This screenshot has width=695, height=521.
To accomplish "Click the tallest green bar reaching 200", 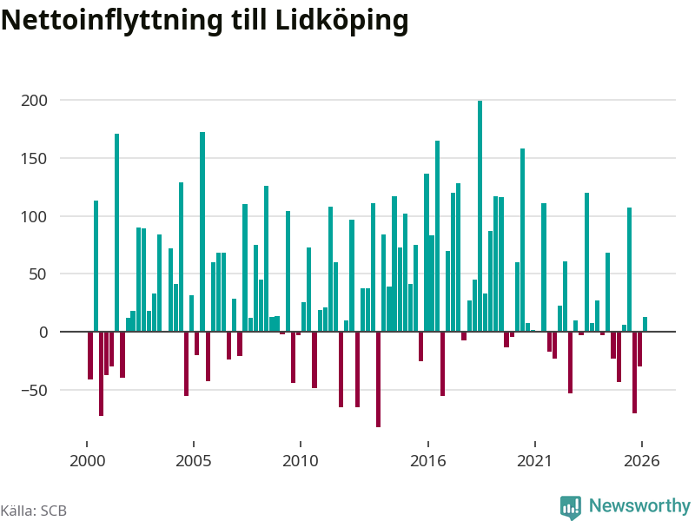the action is (x=480, y=216).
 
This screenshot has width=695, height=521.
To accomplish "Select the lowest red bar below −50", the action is (x=379, y=379).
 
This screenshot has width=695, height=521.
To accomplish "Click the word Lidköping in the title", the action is (x=341, y=21).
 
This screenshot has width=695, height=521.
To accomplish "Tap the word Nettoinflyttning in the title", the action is (x=112, y=21).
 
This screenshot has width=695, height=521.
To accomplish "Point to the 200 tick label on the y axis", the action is (x=34, y=101).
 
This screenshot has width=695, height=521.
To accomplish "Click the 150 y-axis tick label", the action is (x=34, y=159).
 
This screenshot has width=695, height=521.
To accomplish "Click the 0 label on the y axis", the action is (x=43, y=333).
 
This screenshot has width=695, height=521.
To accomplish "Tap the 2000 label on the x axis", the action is (x=88, y=461).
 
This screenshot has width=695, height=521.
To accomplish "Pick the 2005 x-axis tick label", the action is (x=194, y=461).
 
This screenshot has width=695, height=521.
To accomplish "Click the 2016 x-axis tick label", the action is (x=428, y=461).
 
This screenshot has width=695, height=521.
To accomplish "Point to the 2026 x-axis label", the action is (x=642, y=461).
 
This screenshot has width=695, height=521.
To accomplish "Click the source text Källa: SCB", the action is (x=34, y=511).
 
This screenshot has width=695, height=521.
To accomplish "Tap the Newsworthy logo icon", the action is (x=571, y=507).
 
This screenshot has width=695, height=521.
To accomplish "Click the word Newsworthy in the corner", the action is (x=639, y=505).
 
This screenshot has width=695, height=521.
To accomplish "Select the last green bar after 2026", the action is (x=645, y=324).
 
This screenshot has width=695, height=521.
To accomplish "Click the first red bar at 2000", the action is (x=90, y=356).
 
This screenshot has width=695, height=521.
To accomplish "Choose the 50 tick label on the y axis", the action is (x=38, y=274).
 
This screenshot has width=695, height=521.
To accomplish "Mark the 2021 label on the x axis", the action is (x=535, y=461).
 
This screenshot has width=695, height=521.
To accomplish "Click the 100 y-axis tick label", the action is (x=34, y=216).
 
